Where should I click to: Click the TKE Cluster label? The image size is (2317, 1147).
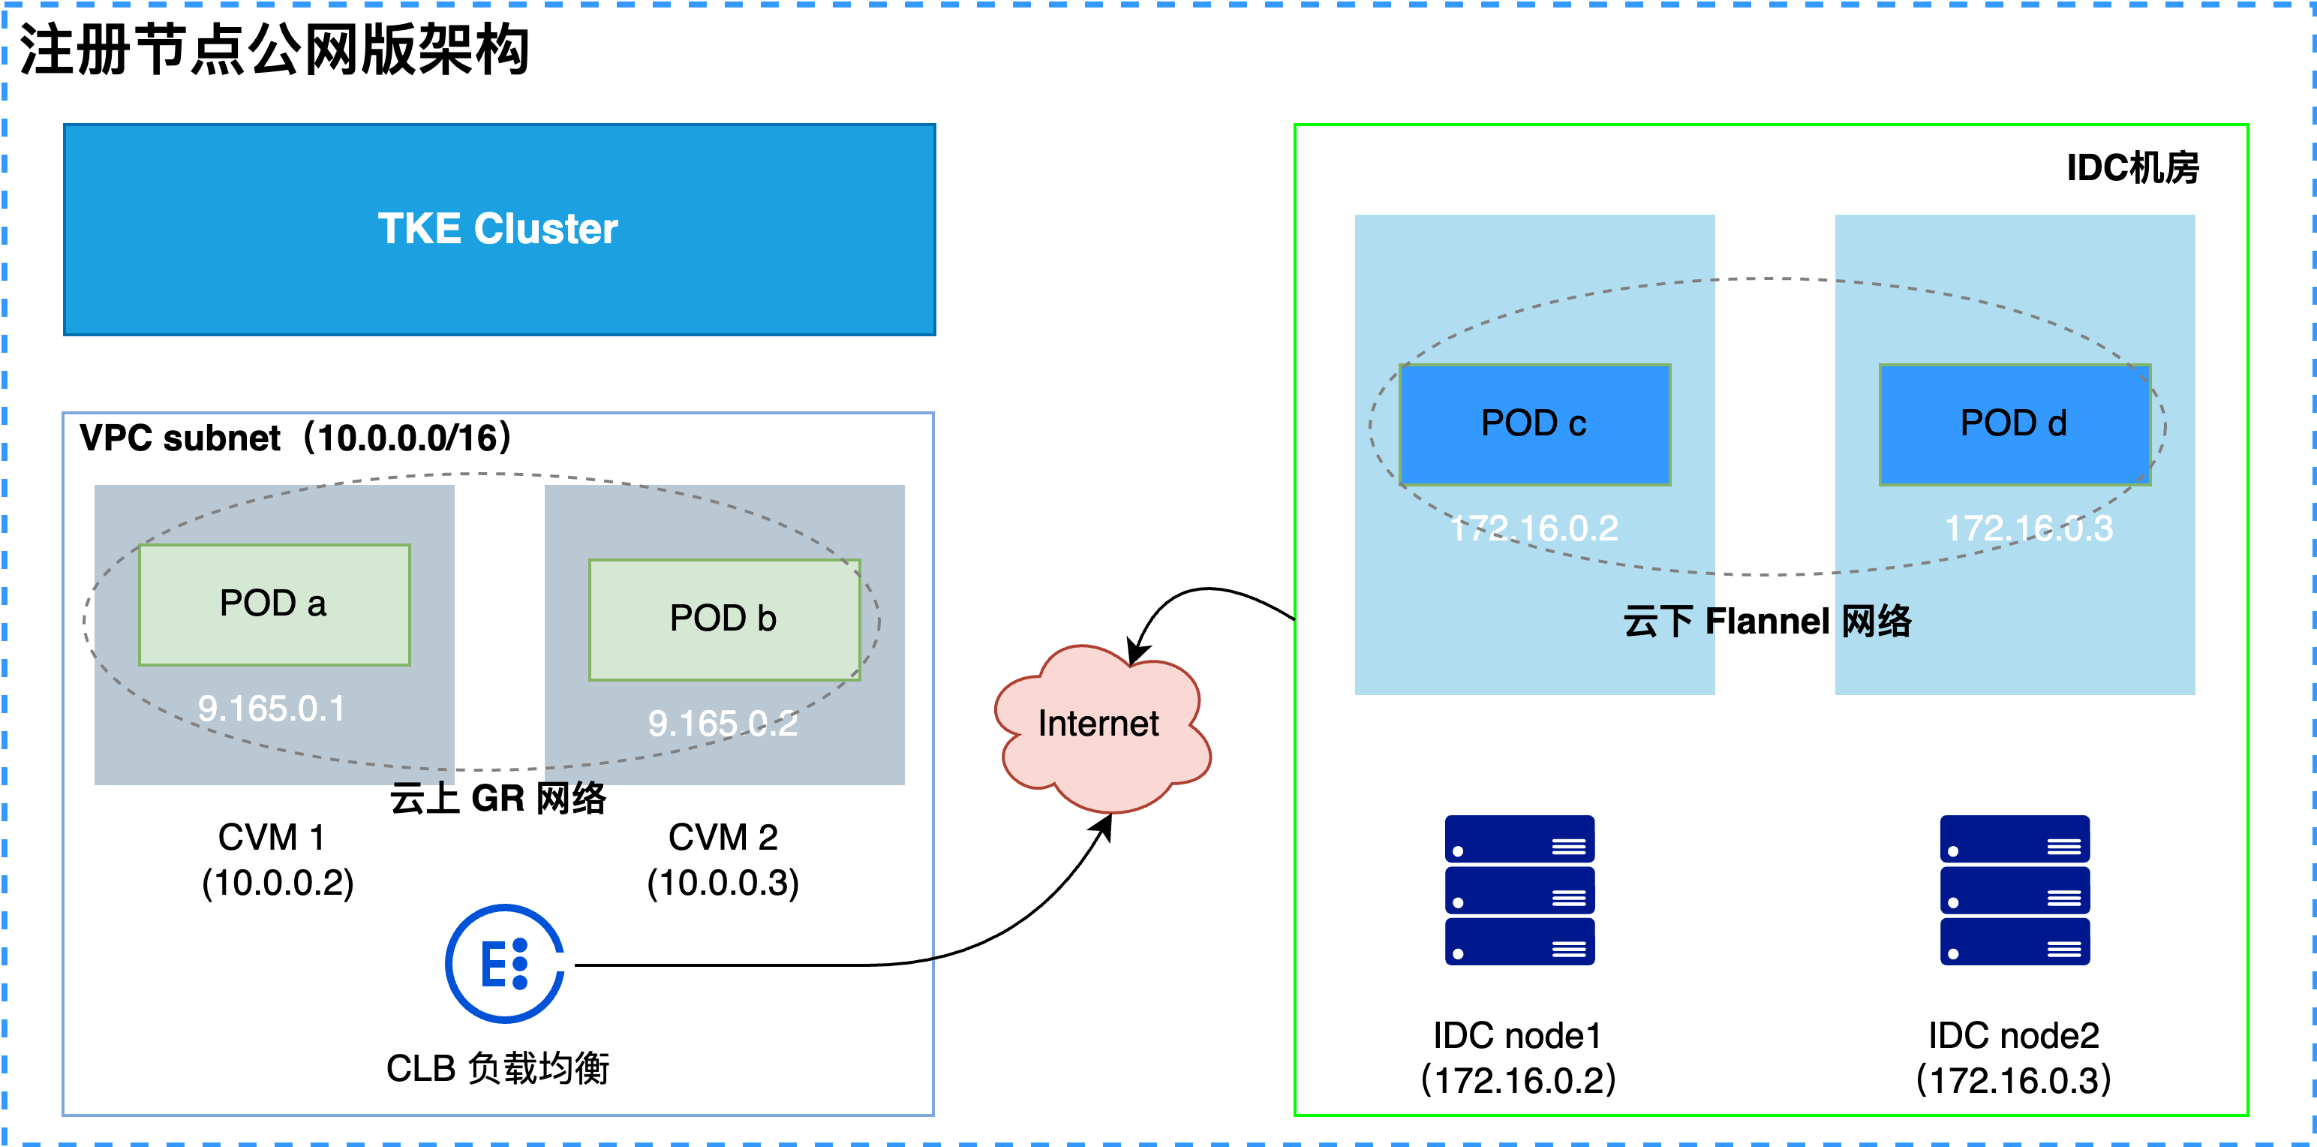coord(497,228)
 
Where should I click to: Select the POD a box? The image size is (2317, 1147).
coord(275,604)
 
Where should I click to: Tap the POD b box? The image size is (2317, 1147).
coord(724,620)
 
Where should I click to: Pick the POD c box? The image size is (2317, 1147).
coord(1534,425)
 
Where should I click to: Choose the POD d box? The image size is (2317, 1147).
coord(2015,425)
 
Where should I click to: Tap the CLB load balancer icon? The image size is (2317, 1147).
coord(505,964)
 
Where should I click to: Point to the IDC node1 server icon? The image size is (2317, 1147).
coord(1520,890)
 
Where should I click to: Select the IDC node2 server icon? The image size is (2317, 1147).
coord(2015,890)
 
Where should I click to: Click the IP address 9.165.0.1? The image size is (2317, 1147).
coord(272,709)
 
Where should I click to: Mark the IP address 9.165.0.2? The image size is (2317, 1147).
coord(723,724)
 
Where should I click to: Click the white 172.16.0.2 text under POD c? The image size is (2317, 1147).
coord(1534,528)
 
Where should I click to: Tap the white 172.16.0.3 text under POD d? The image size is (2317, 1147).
coord(2029,528)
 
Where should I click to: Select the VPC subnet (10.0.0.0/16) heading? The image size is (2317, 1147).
coord(296,438)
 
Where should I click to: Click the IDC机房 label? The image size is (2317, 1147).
coord(2132,168)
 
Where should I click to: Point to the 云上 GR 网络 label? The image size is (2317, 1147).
coord(498,798)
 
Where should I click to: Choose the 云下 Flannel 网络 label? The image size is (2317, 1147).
coord(1768,621)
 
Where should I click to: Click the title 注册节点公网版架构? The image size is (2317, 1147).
coord(275,50)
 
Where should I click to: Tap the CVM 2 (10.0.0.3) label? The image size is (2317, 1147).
coord(723,860)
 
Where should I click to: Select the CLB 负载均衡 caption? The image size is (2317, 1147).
coord(498,1069)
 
